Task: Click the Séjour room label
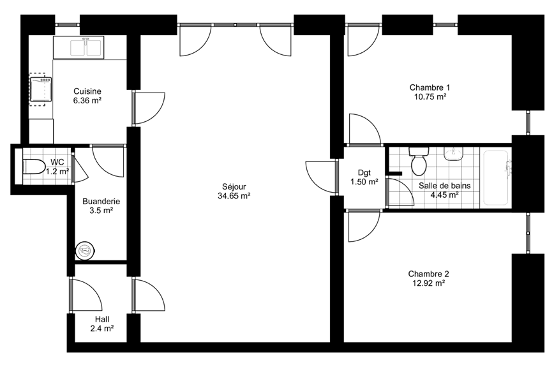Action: tap(234, 186)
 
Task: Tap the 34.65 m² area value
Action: tap(234, 196)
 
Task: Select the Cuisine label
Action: tap(87, 91)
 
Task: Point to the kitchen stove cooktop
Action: tap(41, 90)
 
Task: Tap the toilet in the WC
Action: tap(34, 167)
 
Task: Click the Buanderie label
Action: tap(101, 202)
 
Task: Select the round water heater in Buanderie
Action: tap(85, 251)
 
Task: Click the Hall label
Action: tap(101, 320)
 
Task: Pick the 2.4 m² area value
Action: tap(101, 329)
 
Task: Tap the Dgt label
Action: tap(364, 173)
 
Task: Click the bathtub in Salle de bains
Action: tap(496, 178)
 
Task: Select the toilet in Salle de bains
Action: tap(419, 161)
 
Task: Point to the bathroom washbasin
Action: tap(454, 153)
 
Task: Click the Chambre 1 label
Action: tap(430, 87)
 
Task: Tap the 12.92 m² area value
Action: tap(428, 283)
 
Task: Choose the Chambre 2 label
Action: tap(428, 274)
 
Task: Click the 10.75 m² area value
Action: tap(430, 96)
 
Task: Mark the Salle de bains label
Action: tap(444, 186)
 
